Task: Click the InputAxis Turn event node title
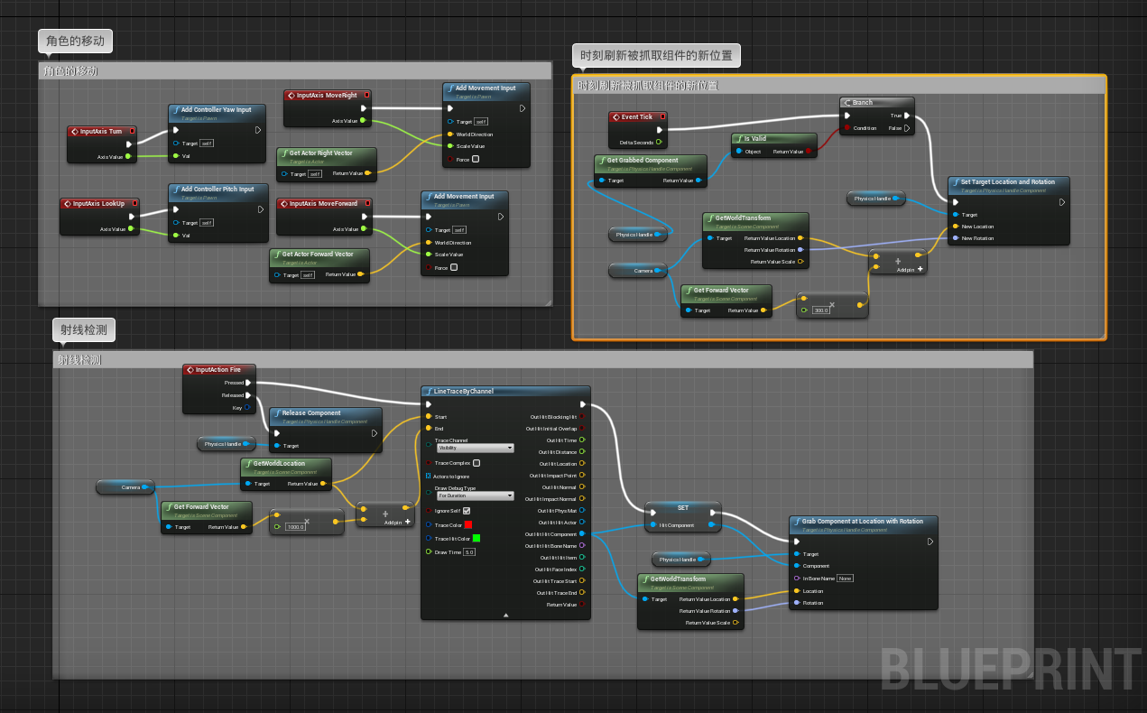[x=101, y=132]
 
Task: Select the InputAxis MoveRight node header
[x=327, y=95]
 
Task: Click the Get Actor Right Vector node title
[x=321, y=153]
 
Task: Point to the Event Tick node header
[x=636, y=117]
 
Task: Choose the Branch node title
[x=863, y=103]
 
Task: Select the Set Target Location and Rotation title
[x=1007, y=182]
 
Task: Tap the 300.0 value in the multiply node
[x=821, y=310]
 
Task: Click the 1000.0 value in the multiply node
[x=295, y=527]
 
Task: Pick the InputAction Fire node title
[x=218, y=370]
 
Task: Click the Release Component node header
[x=311, y=413]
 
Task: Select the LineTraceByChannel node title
[x=464, y=392]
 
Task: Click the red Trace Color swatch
[x=468, y=524]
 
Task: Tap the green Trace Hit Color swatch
[x=476, y=538]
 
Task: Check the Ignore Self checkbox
[x=466, y=511]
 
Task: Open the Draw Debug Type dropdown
[x=475, y=495]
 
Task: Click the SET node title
[x=683, y=508]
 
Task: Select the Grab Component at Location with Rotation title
[x=863, y=522]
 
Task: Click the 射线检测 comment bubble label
[x=84, y=330]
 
